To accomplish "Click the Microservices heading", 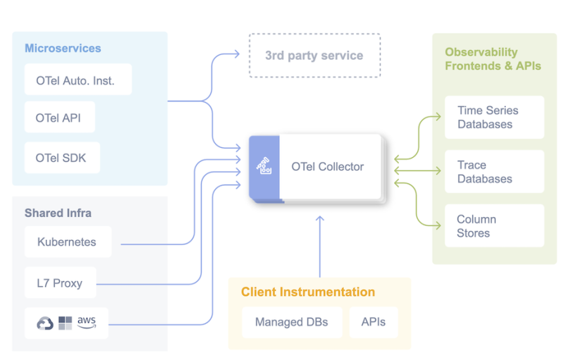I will click(63, 49).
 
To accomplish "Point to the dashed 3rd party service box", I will click(314, 56).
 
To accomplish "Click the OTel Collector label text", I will click(328, 167).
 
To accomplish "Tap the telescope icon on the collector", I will click(264, 167).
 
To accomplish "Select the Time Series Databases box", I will click(494, 117).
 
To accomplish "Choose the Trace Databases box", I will click(494, 172).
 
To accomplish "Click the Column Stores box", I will click(494, 226).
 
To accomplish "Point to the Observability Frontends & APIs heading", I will click(493, 58).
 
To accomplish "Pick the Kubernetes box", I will click(68, 242).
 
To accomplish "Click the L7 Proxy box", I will click(60, 283).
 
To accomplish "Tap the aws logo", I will click(87, 322).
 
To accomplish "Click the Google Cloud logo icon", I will click(45, 323).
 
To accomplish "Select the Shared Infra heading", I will click(58, 213).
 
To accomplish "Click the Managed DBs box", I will click(291, 322).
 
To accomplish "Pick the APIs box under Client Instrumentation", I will click(373, 322).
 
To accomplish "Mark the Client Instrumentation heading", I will click(308, 292).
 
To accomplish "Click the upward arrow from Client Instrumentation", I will click(319, 247).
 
